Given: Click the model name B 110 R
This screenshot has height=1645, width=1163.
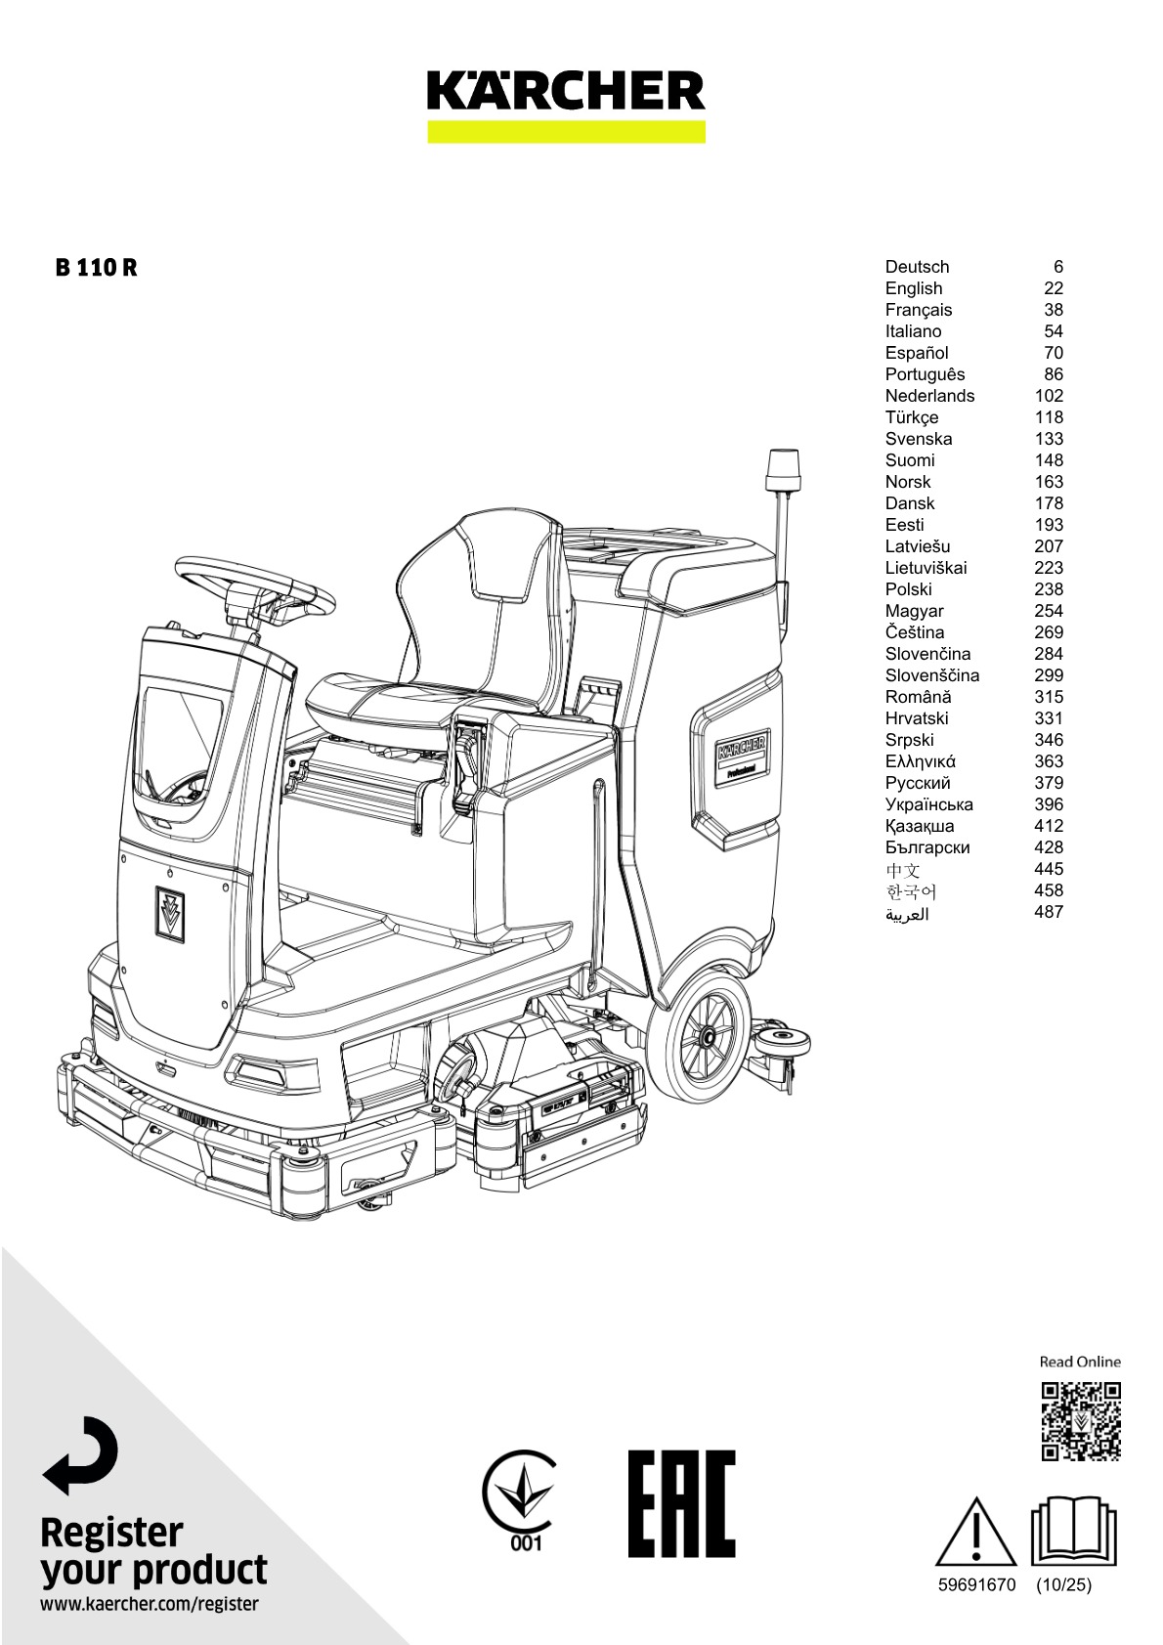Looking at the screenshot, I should (x=96, y=268).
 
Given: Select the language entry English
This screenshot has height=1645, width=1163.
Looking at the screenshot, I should (x=914, y=288).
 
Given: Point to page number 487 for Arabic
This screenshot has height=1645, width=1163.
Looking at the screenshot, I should (x=1048, y=912).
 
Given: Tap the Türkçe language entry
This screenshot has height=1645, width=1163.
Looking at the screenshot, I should (x=912, y=417).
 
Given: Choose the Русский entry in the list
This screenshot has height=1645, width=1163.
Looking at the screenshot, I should (x=918, y=783).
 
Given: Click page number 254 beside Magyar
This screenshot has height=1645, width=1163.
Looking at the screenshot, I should (x=1048, y=611).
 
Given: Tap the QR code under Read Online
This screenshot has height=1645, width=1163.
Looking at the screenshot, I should (x=1080, y=1421).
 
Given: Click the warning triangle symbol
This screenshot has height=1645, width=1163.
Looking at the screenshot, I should (x=975, y=1533).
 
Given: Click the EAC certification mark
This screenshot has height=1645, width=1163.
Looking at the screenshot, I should (x=681, y=1503).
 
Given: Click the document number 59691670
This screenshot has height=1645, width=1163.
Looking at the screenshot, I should (x=976, y=1585).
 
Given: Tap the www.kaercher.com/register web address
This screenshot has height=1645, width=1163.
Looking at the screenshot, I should (x=150, y=1604).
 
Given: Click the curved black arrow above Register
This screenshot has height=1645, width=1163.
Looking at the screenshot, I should (x=81, y=1455).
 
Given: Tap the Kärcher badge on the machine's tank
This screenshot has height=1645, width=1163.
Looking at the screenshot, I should (x=743, y=756).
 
